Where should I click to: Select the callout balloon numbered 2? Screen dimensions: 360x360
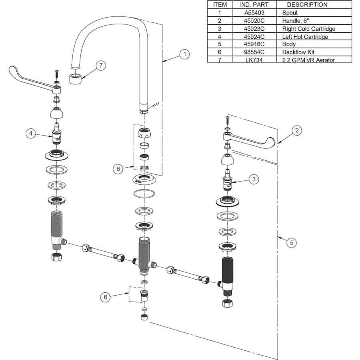tap(296, 130)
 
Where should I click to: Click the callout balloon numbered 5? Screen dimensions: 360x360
tap(292, 242)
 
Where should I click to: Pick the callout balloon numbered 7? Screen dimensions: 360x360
tap(102, 66)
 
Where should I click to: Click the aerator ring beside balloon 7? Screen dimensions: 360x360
tap(76, 78)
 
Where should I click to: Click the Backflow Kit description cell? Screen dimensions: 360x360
tap(298, 52)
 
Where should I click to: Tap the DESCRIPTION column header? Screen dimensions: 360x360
tap(307, 5)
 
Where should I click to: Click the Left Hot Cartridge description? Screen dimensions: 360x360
tap(305, 36)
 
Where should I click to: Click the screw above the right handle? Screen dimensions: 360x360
tap(227, 119)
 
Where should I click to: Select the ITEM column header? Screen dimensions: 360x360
tap(220, 5)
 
